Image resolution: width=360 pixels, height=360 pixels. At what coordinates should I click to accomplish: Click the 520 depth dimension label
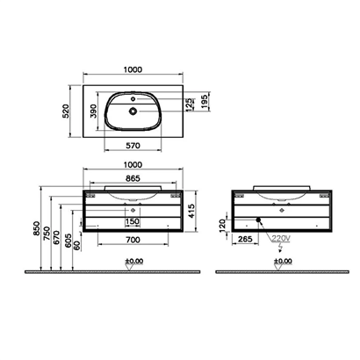point(66,112)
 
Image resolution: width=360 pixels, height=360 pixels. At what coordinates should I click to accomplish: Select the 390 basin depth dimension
point(93,111)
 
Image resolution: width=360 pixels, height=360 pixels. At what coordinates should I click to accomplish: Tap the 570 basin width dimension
point(133,145)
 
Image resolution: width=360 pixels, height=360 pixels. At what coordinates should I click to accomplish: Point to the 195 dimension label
point(205,101)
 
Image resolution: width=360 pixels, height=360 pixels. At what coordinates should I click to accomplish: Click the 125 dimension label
point(190,104)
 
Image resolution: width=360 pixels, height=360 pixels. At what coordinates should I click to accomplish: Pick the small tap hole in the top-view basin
point(133,99)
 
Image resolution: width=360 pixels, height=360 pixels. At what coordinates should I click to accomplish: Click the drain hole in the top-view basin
point(133,111)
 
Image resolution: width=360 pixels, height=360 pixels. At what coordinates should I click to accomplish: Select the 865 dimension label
point(133,178)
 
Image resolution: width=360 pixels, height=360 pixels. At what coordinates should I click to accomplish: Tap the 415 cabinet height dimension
point(191,211)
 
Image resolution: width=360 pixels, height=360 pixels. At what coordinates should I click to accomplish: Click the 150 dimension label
point(133,221)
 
